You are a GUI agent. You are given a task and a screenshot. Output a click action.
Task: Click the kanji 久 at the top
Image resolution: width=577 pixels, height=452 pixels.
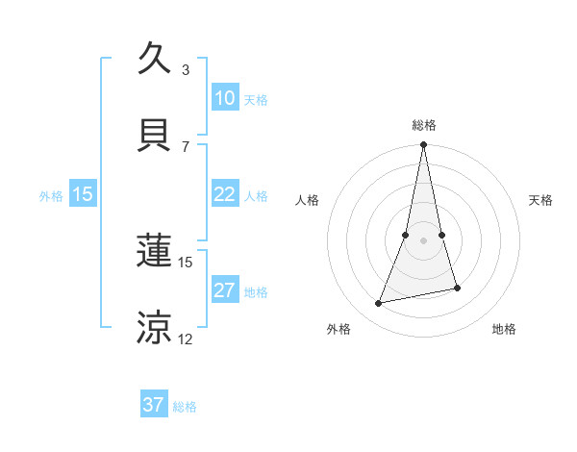pos(155,59)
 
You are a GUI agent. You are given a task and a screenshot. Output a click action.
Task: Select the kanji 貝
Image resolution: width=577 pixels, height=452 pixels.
pos(155,136)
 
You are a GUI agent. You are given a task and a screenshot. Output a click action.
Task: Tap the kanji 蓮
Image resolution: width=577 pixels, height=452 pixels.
pos(155,253)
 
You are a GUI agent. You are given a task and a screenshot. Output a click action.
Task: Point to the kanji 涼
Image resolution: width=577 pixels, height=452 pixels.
pos(155,328)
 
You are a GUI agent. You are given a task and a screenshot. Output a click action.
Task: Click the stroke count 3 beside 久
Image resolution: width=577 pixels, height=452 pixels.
pos(186,70)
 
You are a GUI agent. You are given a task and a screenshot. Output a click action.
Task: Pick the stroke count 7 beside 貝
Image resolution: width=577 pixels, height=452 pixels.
pos(186,146)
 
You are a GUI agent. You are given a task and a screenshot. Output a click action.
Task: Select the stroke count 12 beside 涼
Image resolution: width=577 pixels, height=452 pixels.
pos(185,339)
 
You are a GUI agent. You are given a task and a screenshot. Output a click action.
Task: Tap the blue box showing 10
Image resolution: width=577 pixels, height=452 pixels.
pos(224,98)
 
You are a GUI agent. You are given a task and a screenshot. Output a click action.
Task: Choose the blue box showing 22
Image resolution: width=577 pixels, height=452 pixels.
pos(224,194)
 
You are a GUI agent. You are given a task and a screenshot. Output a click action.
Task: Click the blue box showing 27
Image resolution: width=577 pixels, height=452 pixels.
pos(224,290)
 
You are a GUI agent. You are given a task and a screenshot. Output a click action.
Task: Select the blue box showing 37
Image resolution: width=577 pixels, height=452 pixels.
pos(154,405)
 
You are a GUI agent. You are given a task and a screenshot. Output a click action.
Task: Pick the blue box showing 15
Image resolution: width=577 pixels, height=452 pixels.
pos(83,194)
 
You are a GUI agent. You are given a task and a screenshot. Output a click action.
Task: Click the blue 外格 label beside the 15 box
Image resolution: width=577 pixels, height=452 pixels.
pos(51,196)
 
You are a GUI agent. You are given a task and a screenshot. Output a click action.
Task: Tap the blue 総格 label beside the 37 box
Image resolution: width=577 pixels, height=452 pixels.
pos(185,407)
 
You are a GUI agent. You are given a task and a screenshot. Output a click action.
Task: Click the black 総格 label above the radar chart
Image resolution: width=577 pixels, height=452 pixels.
pos(423,125)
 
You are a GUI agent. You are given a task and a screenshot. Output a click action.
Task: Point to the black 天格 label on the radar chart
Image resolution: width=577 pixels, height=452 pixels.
pos(541,200)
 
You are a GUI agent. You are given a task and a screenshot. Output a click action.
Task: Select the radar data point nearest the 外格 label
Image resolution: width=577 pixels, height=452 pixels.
pos(379,304)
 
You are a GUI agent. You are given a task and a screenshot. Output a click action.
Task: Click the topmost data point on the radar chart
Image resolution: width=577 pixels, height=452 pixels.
pos(423,145)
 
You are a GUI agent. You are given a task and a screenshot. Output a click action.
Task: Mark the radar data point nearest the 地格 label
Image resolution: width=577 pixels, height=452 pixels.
pos(457,288)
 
